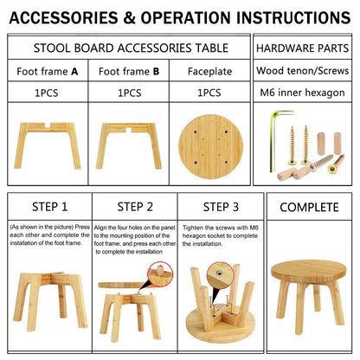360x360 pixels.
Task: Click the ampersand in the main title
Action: pyautogui.click(x=130, y=17)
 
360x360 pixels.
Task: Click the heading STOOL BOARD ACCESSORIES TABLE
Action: pyautogui.click(x=131, y=48)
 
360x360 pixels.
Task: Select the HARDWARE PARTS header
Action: pyautogui.click(x=303, y=48)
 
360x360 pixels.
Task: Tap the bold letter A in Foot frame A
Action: pyautogui.click(x=74, y=71)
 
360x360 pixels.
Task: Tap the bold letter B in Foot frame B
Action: pyautogui.click(x=157, y=71)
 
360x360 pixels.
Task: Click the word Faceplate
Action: pyautogui.click(x=209, y=71)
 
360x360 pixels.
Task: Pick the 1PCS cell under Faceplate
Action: pyautogui.click(x=209, y=93)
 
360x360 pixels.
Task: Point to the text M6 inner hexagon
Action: pyautogui.click(x=302, y=93)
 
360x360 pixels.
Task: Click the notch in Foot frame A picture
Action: pyautogui.click(x=46, y=125)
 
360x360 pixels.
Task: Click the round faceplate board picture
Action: pyautogui.click(x=211, y=146)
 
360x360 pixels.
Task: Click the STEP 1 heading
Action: pyautogui.click(x=49, y=207)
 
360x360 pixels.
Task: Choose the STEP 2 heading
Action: pyautogui.click(x=135, y=207)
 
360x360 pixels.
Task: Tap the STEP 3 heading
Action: pyautogui.click(x=221, y=207)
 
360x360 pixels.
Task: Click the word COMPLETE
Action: pyautogui.click(x=309, y=207)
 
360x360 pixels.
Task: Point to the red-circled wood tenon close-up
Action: pyautogui.click(x=160, y=274)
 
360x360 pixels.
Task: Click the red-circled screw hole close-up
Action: pyautogui.click(x=220, y=275)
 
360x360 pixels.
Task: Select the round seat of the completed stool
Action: pyautogui.click(x=309, y=271)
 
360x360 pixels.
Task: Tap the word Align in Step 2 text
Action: pyautogui.click(x=100, y=228)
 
